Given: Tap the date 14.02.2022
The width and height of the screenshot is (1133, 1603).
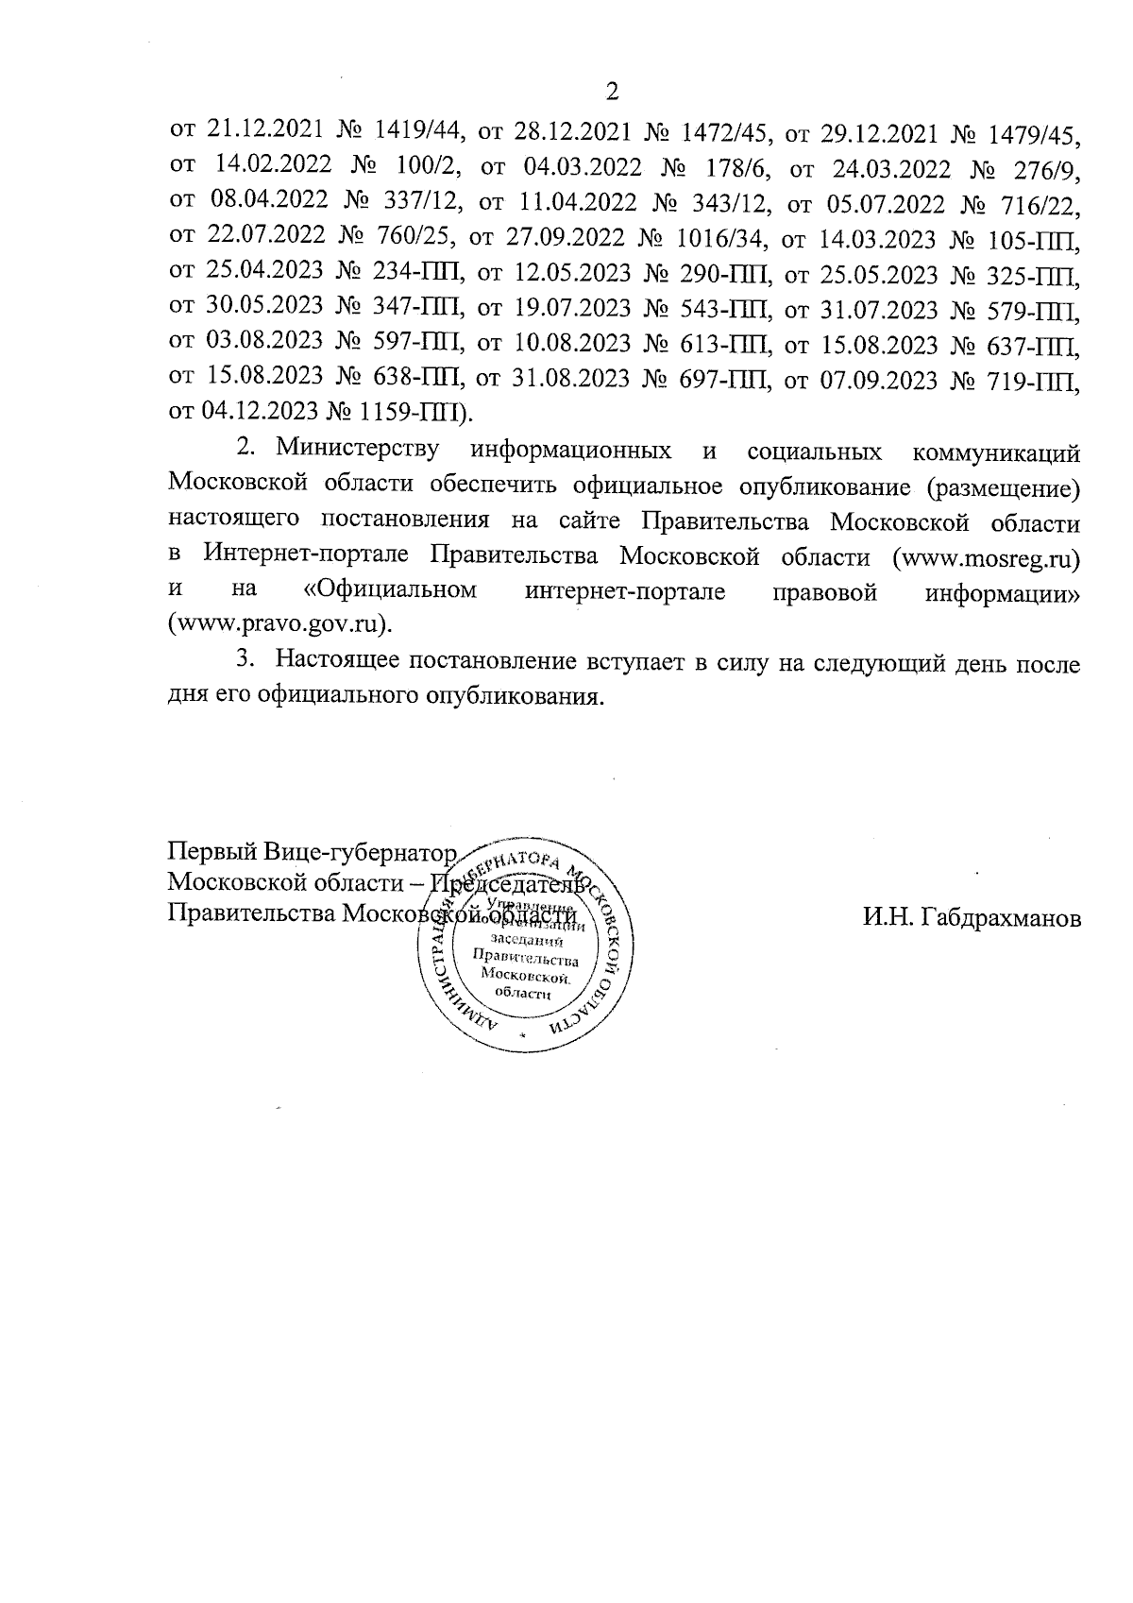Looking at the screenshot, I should (x=273, y=165).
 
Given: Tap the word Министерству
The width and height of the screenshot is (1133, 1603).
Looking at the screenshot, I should (x=359, y=450).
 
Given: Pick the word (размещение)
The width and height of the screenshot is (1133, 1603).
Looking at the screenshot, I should (x=1003, y=486).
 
